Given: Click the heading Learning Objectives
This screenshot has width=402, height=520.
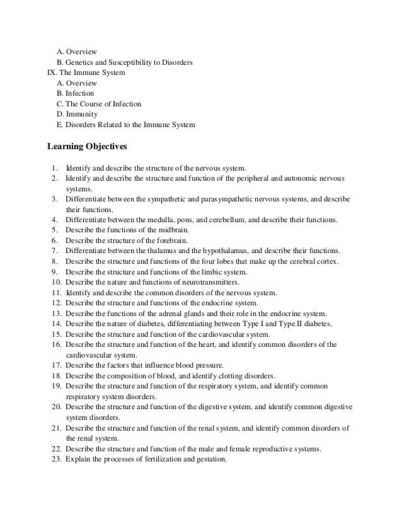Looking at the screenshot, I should pyautogui.click(x=88, y=147).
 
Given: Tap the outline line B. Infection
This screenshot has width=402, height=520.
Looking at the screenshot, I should pyautogui.click(x=75, y=93).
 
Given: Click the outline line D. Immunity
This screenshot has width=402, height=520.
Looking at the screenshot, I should pyautogui.click(x=77, y=115).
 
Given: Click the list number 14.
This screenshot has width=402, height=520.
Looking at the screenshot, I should pyautogui.click(x=56, y=324).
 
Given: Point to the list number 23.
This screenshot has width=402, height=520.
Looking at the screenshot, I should pyautogui.click(x=56, y=459).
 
